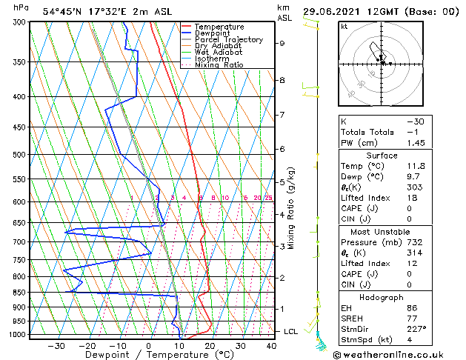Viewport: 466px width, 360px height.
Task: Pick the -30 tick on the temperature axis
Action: click(56, 346)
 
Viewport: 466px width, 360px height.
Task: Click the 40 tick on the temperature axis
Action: click(270, 346)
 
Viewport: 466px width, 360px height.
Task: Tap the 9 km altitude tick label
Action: click(282, 43)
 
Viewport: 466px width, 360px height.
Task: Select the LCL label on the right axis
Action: click(290, 331)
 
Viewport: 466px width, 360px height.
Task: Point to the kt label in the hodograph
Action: click(344, 27)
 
